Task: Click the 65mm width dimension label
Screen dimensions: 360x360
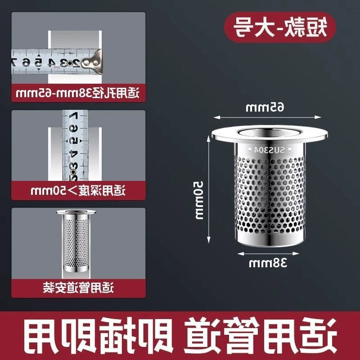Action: [x=265, y=107]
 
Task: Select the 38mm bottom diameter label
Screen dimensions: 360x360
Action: [x=268, y=262]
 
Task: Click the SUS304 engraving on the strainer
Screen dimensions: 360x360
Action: [x=269, y=150]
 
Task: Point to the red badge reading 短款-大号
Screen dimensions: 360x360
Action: [x=280, y=27]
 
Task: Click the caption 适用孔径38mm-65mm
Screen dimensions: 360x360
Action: [x=78, y=94]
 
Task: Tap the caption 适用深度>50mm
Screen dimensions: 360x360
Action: [x=78, y=190]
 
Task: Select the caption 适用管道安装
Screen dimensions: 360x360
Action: [x=78, y=288]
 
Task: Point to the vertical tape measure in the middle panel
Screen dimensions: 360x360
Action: [x=75, y=145]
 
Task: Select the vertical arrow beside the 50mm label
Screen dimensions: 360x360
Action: [x=209, y=189]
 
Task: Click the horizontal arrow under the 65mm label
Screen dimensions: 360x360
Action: [x=267, y=117]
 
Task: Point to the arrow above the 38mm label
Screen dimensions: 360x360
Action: [x=268, y=254]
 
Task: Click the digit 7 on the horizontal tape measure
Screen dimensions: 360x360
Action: [x=14, y=62]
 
